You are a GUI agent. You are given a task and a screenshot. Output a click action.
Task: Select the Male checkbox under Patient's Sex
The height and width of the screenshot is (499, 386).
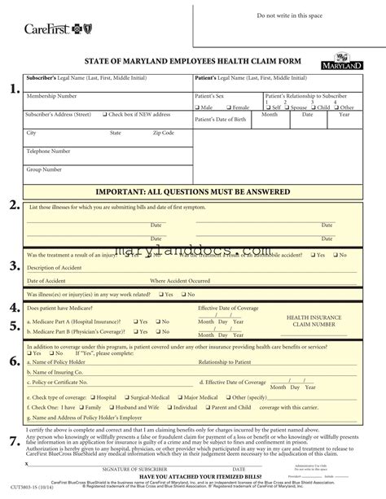(198, 107)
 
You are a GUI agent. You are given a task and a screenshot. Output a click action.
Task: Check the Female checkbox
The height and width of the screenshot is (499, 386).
(230, 107)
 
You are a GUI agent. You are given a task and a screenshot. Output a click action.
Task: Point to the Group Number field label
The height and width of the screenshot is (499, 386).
(44, 169)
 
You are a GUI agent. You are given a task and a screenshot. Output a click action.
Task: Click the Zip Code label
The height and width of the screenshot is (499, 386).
(163, 133)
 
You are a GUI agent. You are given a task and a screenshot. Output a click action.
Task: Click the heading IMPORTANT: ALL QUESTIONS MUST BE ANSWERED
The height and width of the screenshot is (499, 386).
(193, 192)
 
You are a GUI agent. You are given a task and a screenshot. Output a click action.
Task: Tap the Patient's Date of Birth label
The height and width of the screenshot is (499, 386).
(222, 120)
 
